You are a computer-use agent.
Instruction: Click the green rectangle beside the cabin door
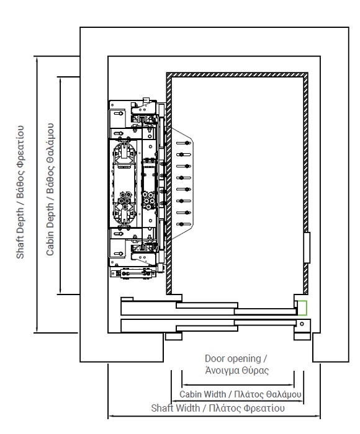tap(302, 308)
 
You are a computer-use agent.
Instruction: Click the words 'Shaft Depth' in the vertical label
tap(20, 233)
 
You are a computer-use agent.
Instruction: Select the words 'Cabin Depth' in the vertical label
tap(50, 229)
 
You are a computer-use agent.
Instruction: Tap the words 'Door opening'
tap(233, 359)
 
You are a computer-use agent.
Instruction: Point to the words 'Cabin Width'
tap(202, 394)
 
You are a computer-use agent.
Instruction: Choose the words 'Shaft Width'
tap(176, 408)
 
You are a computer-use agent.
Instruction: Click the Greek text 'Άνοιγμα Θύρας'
tap(237, 370)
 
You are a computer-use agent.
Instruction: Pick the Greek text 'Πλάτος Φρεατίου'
tap(246, 408)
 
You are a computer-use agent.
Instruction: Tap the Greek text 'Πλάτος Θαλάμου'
tap(268, 394)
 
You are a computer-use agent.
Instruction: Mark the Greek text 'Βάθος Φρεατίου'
tap(20, 162)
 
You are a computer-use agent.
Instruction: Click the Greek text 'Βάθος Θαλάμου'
tap(50, 158)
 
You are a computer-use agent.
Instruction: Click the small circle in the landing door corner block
tap(302, 324)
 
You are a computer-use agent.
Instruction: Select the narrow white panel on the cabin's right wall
tap(307, 247)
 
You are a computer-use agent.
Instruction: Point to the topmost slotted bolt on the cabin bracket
tap(184, 143)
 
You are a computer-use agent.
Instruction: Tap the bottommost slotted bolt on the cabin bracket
tap(184, 224)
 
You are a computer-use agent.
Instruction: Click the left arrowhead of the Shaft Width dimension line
tap(110, 415)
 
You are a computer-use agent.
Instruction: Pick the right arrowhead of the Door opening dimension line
tap(292, 385)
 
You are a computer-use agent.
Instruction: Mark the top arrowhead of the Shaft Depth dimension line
tap(37, 59)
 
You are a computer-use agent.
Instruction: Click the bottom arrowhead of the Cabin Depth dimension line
tap(60, 292)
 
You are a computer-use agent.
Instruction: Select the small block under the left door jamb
tap(174, 336)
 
